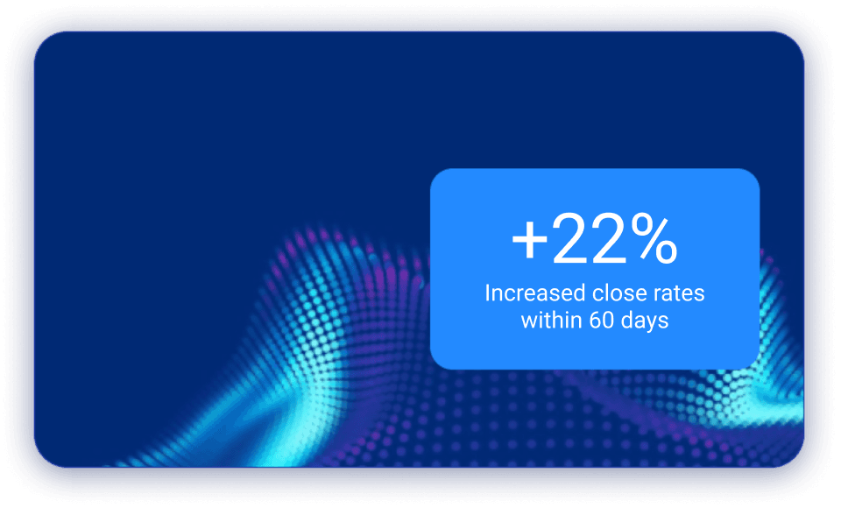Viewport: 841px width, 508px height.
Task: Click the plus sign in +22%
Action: coord(529,241)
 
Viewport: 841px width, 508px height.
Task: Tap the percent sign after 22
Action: coord(654,239)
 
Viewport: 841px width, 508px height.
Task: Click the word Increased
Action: coord(534,293)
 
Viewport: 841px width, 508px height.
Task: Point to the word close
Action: coord(619,293)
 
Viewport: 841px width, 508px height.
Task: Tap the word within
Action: coord(551,321)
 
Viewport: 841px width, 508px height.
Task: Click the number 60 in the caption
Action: coord(601,321)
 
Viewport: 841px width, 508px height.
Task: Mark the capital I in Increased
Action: coord(487,293)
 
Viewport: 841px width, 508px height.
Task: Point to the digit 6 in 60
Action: coord(595,321)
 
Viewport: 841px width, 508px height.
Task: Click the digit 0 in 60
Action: coord(608,321)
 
